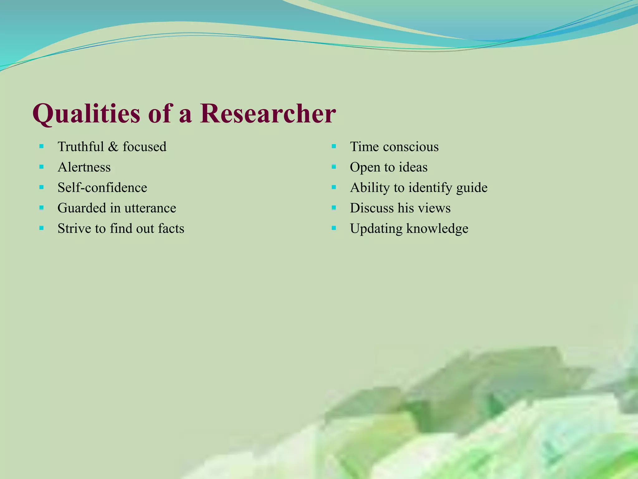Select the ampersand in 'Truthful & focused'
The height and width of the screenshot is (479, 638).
pyautogui.click(x=113, y=147)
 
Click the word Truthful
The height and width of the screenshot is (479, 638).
pyautogui.click(x=81, y=147)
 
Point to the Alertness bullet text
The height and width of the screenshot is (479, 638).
pyautogui.click(x=84, y=167)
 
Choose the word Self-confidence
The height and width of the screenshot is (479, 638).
pyautogui.click(x=102, y=187)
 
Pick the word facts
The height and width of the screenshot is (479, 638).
pyautogui.click(x=171, y=228)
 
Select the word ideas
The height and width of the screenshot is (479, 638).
pyautogui.click(x=413, y=167)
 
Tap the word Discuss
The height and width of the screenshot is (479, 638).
pyautogui.click(x=372, y=208)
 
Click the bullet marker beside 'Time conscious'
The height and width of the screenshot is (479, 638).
pyautogui.click(x=334, y=146)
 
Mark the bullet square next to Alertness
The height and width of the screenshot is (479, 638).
pyautogui.click(x=41, y=167)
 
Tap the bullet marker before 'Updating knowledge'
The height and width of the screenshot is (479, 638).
pyautogui.click(x=334, y=228)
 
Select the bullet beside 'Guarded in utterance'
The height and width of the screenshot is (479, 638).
pyautogui.click(x=41, y=208)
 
